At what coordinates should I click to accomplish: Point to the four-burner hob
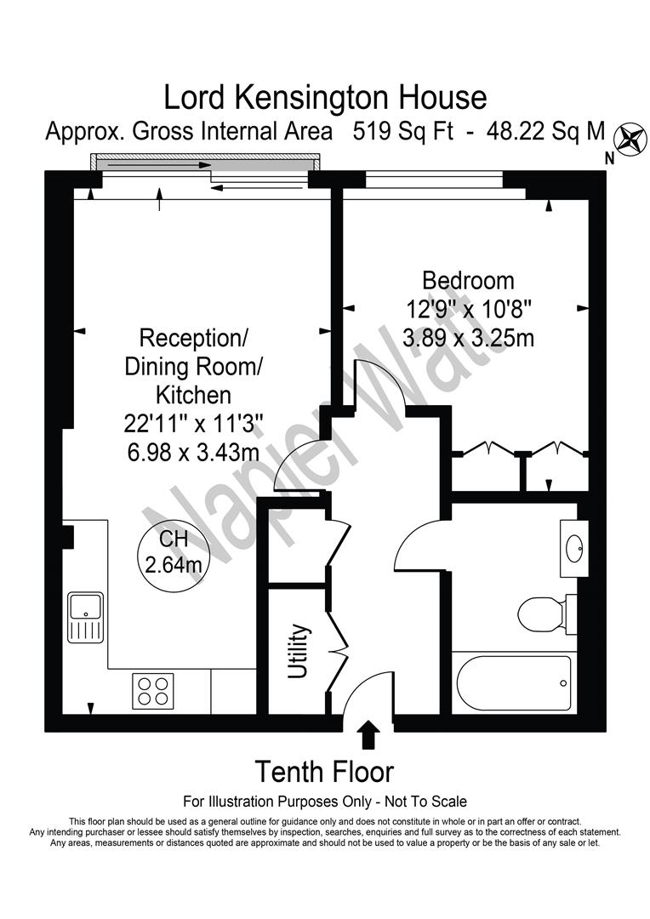click(153, 690)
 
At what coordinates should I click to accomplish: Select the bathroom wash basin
click(573, 548)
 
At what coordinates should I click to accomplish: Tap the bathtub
click(513, 683)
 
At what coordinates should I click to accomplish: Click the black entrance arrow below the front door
click(368, 734)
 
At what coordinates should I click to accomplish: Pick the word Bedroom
click(468, 280)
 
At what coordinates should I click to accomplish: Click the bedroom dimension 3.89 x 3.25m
click(468, 338)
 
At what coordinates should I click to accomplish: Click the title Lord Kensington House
click(325, 98)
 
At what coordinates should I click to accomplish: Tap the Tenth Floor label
click(325, 772)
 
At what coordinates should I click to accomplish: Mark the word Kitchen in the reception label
click(193, 395)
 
